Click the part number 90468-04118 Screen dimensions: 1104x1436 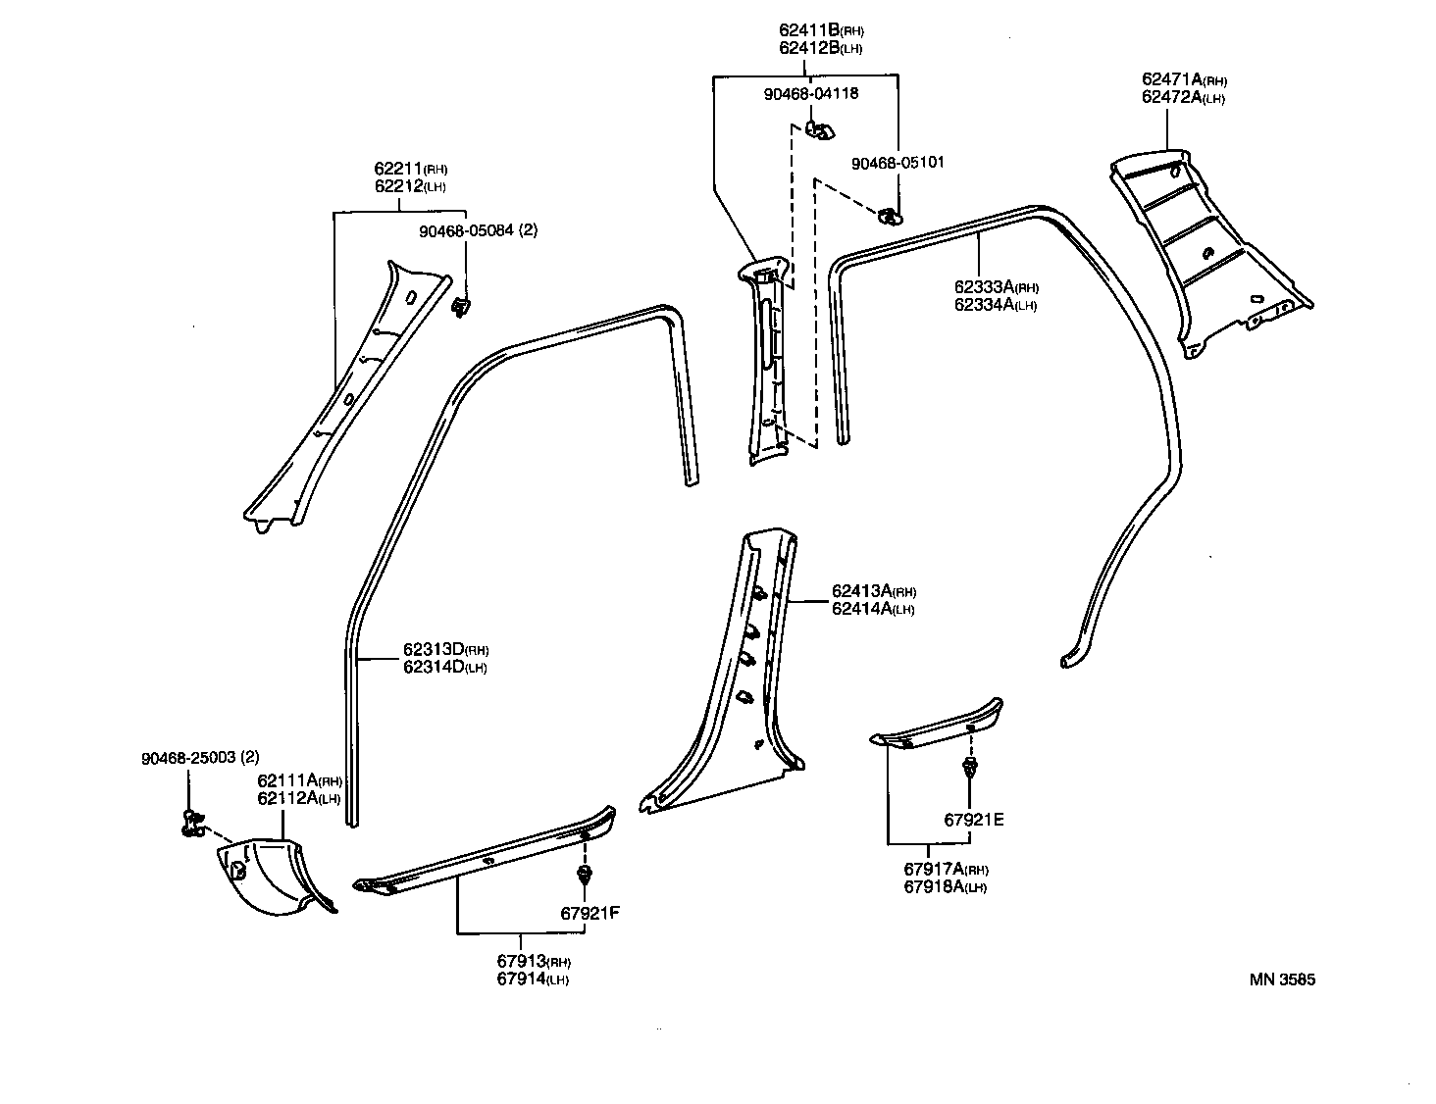tap(810, 94)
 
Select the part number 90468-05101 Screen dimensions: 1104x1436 tap(897, 163)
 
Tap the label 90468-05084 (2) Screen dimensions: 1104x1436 tap(478, 231)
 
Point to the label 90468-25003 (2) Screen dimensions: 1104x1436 tap(201, 759)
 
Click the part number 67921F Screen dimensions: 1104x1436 tap(590, 914)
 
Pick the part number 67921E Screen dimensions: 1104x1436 tap(974, 821)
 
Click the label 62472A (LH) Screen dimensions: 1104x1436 tap(1183, 97)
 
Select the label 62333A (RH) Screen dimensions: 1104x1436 tap(996, 287)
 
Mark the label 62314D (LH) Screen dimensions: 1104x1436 tap(444, 668)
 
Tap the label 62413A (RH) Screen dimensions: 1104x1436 tap(873, 591)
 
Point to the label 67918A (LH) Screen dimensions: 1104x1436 tap(945, 887)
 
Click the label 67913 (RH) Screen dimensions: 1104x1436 tap(533, 961)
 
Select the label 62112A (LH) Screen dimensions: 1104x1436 tap(298, 798)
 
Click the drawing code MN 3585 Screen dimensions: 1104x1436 tap(1282, 979)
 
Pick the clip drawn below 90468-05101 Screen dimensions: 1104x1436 tap(890, 215)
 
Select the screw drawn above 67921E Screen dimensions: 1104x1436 tap(970, 768)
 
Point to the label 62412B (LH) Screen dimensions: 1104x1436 tap(820, 48)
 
